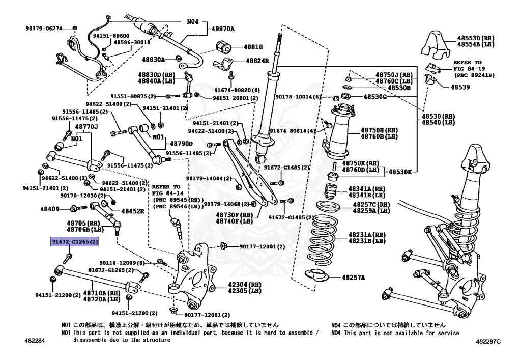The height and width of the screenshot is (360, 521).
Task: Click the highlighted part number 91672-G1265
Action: pyautogui.click(x=74, y=242)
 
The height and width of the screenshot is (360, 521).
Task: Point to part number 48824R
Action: pyautogui.click(x=257, y=61)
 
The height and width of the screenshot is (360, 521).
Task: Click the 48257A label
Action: pyautogui.click(x=354, y=278)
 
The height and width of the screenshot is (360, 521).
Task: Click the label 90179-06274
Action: pyautogui.click(x=44, y=28)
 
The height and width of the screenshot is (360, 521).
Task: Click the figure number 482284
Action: pyautogui.click(x=32, y=340)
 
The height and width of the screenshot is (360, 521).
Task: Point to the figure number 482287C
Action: pyautogui.click(x=488, y=340)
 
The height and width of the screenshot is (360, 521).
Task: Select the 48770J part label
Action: pyautogui.click(x=86, y=127)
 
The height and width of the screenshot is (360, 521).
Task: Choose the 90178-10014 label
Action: pyautogui.click(x=299, y=97)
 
